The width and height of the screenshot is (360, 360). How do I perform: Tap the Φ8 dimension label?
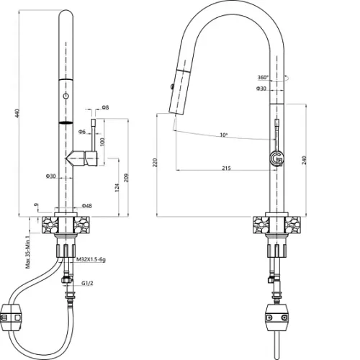(105, 107)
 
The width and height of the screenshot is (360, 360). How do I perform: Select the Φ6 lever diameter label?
(82, 132)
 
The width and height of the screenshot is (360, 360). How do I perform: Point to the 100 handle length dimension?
(102, 142)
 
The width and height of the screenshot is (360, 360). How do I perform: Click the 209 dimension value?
(127, 178)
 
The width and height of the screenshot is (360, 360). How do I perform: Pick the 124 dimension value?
(117, 187)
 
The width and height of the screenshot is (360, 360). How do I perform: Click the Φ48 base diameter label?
(86, 206)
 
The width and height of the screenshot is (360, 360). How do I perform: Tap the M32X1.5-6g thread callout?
(91, 259)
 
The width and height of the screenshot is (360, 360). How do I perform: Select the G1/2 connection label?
(87, 283)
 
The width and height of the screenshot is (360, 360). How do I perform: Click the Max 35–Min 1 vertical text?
(28, 252)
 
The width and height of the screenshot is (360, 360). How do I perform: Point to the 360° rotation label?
(263, 77)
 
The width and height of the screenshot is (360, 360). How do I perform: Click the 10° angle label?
(224, 135)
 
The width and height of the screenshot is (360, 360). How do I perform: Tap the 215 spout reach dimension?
(226, 168)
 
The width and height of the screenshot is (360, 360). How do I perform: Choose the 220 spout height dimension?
(155, 163)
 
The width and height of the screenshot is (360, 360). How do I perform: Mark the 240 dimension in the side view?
(305, 160)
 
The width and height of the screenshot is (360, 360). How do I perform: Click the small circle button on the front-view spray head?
(66, 96)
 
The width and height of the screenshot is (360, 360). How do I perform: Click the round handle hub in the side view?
(276, 158)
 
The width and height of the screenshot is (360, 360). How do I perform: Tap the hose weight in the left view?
(12, 318)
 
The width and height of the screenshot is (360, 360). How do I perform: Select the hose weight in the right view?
(276, 318)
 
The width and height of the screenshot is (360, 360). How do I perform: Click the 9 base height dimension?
(36, 204)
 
